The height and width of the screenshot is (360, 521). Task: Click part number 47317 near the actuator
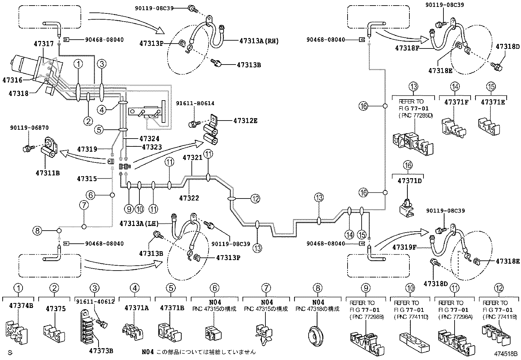tap(44, 43)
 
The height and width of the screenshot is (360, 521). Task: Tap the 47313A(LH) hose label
tap(139, 224)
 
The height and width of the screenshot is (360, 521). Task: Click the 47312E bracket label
tap(245, 121)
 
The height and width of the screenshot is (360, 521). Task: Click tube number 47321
tap(192, 158)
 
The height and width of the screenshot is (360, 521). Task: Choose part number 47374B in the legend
tap(21, 305)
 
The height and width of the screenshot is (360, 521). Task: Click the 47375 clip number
tap(56, 309)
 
